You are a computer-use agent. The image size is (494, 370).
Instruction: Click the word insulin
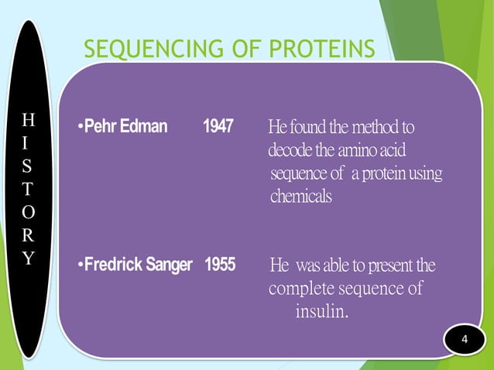322,312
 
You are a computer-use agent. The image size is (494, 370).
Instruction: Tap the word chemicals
301,197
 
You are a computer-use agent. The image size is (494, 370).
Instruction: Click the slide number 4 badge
465,341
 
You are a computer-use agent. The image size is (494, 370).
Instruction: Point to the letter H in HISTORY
29,119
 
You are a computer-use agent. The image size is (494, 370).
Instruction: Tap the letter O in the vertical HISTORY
29,213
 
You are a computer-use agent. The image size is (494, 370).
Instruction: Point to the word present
388,267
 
